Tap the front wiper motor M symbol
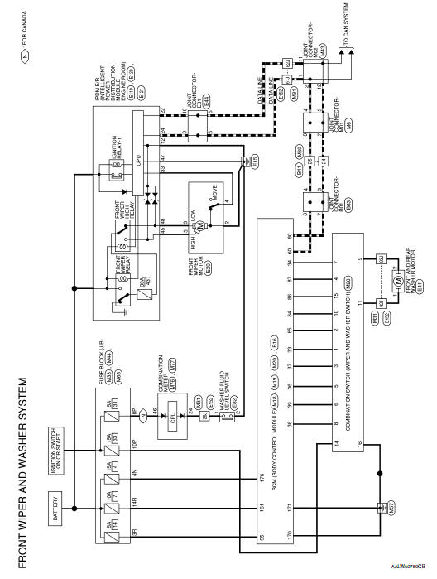coord(199,225)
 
